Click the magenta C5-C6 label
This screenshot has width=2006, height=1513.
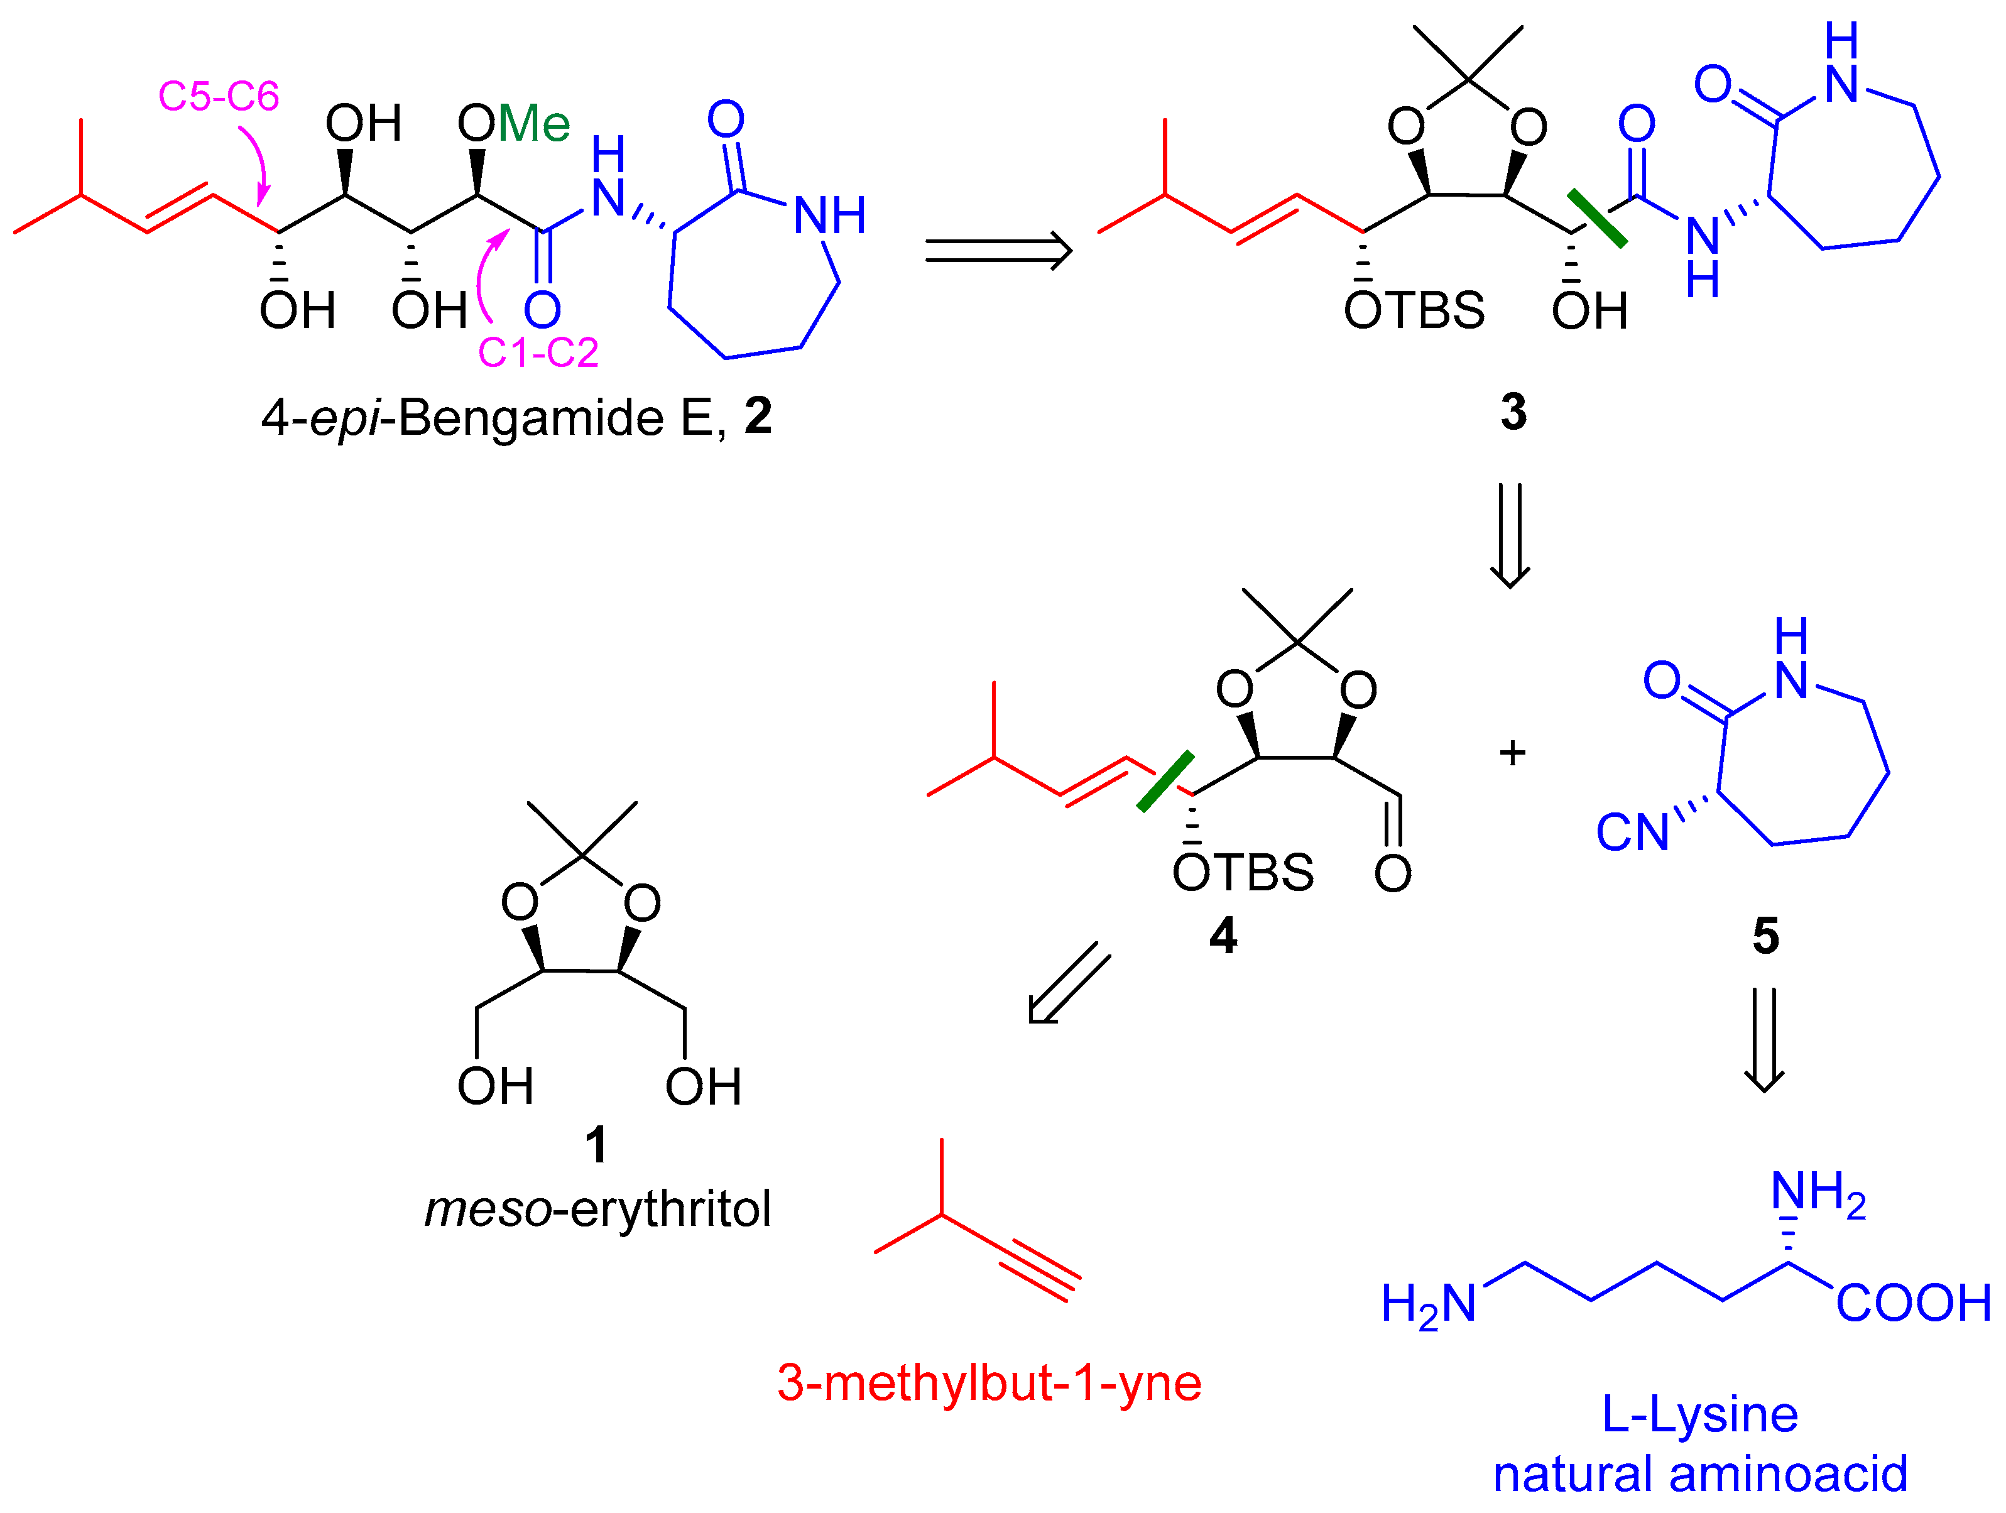[219, 96]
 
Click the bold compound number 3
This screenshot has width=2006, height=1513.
[1513, 412]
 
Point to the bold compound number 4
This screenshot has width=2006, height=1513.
[1223, 935]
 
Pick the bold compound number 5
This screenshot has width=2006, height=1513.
[1765, 935]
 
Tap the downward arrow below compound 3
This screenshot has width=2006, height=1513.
[1510, 535]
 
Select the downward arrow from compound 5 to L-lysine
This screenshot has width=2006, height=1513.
[1765, 1039]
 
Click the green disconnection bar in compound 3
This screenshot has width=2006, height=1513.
[1598, 217]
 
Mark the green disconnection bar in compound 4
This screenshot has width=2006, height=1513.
[1165, 781]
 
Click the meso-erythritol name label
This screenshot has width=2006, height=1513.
[597, 1209]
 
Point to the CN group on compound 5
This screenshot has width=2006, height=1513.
[1632, 833]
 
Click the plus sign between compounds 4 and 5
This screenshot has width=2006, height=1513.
[1512, 752]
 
